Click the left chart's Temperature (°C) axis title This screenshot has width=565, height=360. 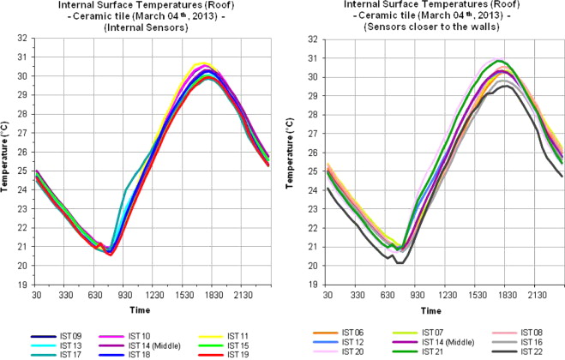tap(6, 164)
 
